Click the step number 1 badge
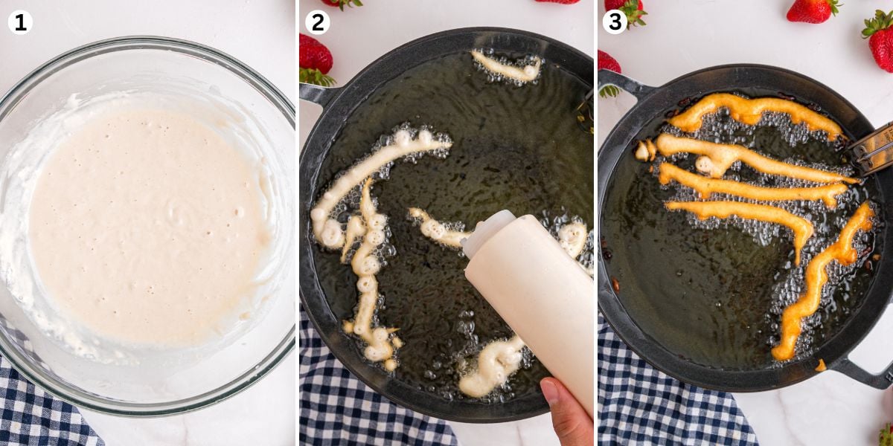[20, 22]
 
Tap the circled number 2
[317, 22]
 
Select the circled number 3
[615, 22]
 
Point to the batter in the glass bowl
[147, 223]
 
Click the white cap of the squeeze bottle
[487, 232]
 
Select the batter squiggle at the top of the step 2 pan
[506, 67]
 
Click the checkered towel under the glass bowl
[44, 406]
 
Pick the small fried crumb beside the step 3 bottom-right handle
[820, 365]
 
